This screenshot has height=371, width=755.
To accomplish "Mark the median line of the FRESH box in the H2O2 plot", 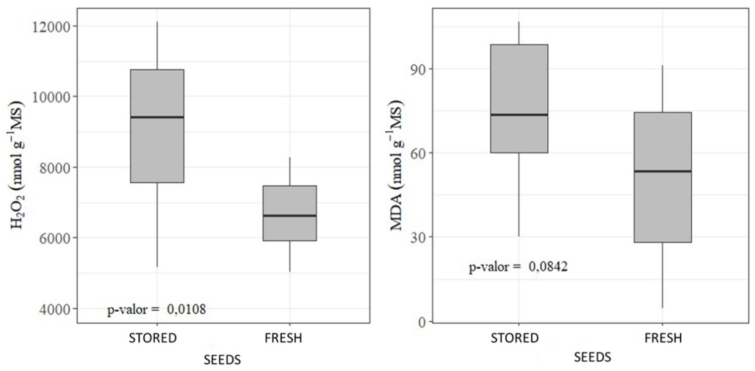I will pos(290,216).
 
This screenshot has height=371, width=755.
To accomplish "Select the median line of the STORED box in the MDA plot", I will pos(519,115).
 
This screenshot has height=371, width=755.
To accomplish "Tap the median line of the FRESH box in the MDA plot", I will pos(663,171).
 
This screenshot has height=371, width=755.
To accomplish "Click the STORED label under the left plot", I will pos(153,338).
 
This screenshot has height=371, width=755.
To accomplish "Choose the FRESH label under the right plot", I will pos(663,338).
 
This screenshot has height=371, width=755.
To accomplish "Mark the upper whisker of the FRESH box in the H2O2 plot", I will pos(290,171).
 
